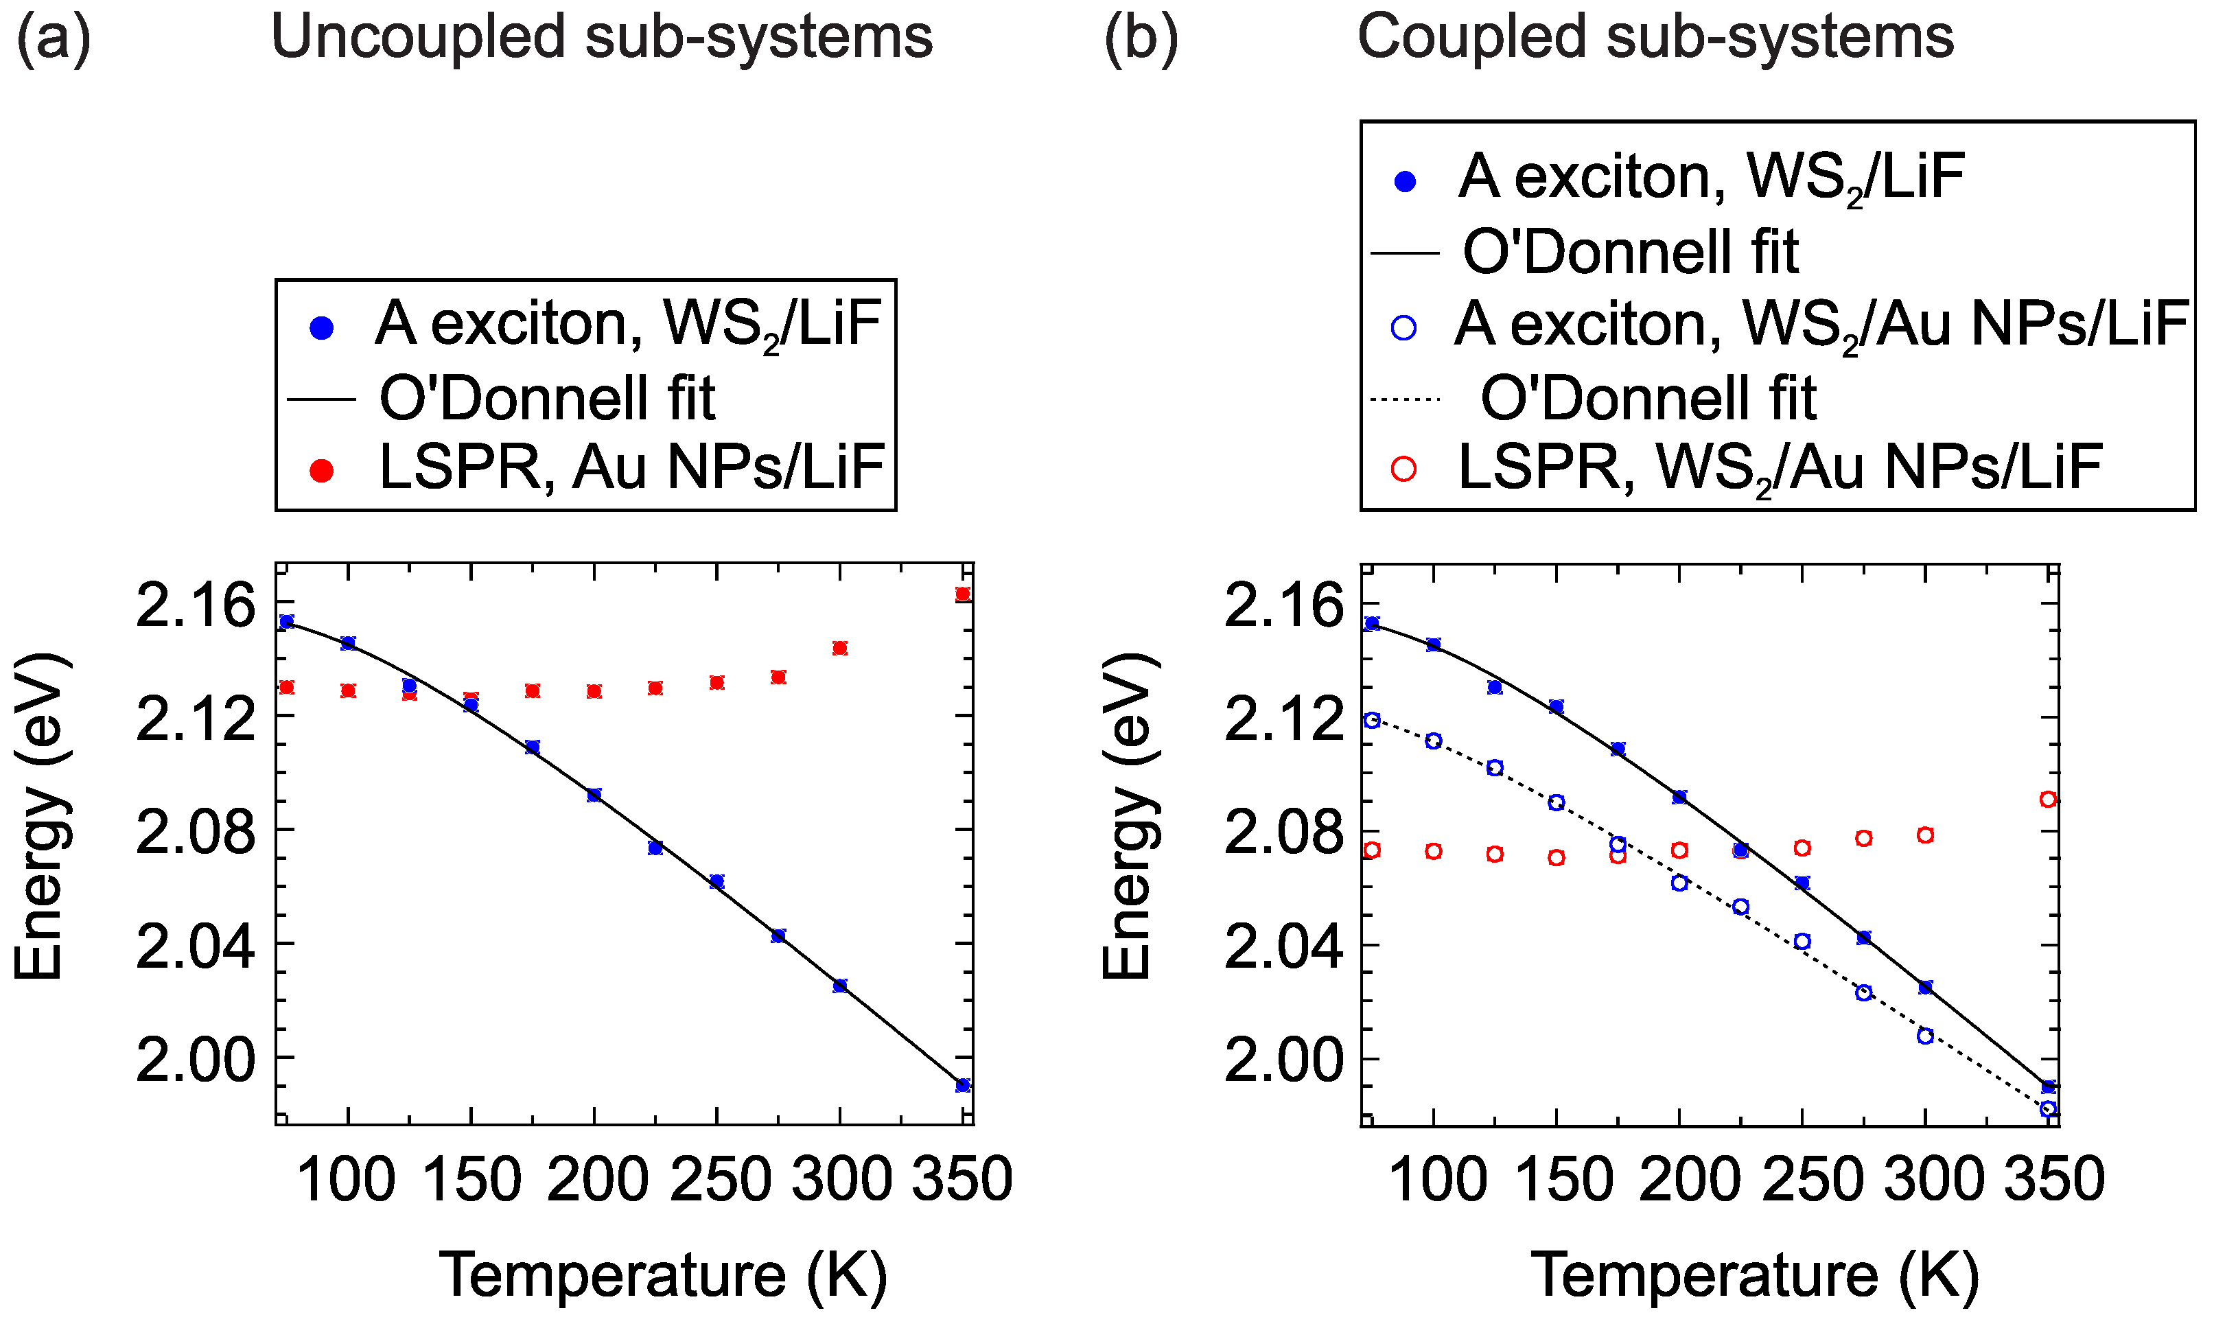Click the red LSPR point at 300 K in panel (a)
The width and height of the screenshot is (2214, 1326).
pos(840,648)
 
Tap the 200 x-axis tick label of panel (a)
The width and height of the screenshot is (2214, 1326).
pos(596,1179)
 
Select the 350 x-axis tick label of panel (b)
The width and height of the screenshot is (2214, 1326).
pos(2054,1179)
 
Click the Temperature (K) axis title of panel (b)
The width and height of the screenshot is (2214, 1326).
pos(1755,1275)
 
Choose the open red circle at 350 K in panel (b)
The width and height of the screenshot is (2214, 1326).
pos(2049,799)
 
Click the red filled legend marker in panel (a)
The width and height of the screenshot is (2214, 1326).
pos(321,471)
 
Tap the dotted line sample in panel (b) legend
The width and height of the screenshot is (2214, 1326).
pos(1406,399)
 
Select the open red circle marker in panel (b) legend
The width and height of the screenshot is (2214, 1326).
pos(1405,469)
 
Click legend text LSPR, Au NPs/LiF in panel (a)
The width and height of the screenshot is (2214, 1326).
pos(631,467)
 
